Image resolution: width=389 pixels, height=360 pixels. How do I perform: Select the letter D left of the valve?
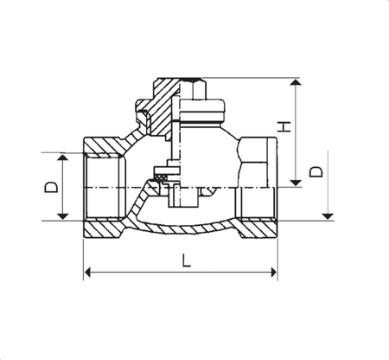51,187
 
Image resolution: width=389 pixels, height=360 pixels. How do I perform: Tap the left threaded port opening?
102,187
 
